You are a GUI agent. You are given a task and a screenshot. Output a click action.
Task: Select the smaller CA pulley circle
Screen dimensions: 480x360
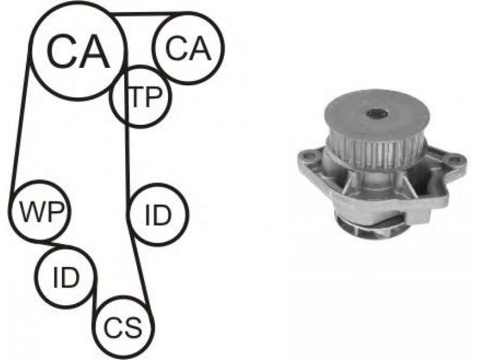coord(153,48)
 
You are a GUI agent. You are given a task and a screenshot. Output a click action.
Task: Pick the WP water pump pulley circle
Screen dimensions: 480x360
coord(10,211)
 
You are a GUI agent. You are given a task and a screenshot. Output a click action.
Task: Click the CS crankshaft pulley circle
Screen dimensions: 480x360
coord(95,328)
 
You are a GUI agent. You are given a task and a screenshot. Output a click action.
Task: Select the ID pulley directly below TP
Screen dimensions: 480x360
coord(129,215)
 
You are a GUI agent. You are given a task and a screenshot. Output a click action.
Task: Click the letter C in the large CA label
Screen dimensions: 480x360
coord(62,51)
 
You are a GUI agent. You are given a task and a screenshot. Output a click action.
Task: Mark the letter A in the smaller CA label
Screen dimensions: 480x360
coord(200,48)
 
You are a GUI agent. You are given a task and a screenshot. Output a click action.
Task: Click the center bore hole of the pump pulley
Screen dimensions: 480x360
coord(377,114)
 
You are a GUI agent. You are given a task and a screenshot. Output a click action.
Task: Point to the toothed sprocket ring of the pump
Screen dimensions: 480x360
coord(374,152)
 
